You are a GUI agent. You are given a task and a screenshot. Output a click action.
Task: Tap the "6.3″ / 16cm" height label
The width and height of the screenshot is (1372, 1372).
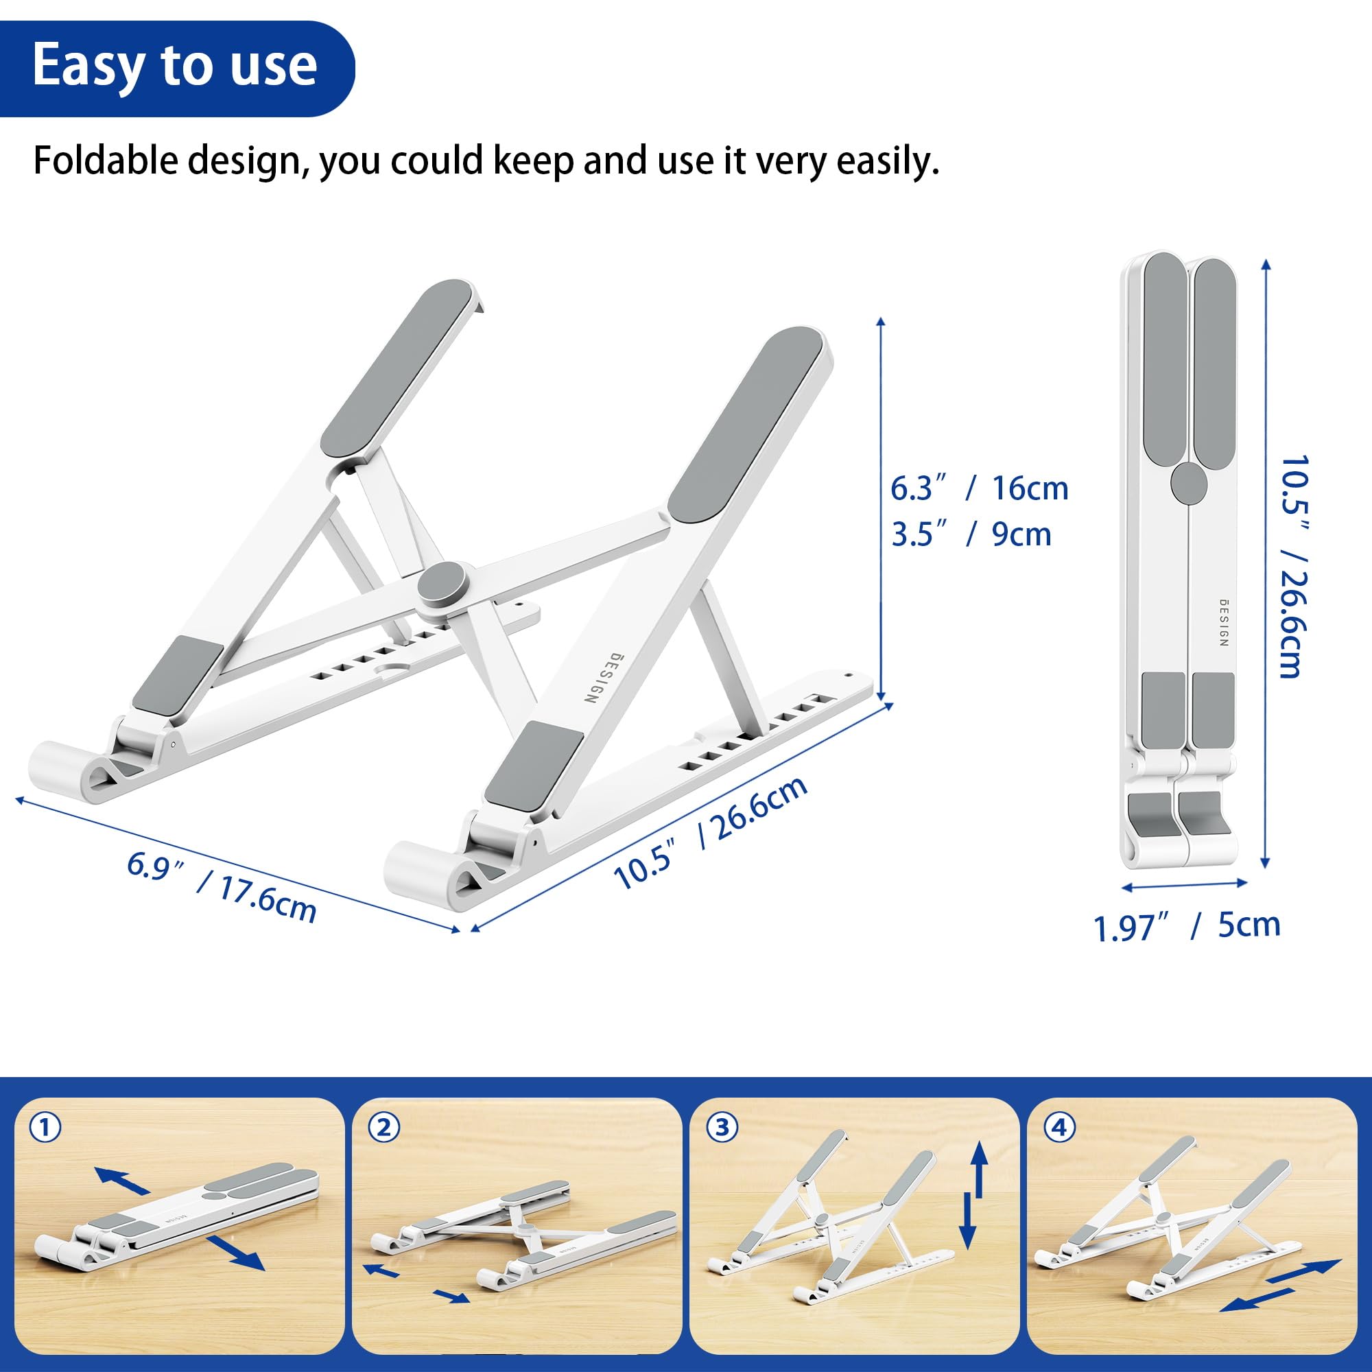pyautogui.click(x=980, y=488)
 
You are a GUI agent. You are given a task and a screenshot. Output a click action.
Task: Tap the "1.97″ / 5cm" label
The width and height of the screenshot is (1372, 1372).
pyautogui.click(x=1186, y=926)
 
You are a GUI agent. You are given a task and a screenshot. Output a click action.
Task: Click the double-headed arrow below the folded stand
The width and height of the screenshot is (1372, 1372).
pyautogui.click(x=1185, y=885)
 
